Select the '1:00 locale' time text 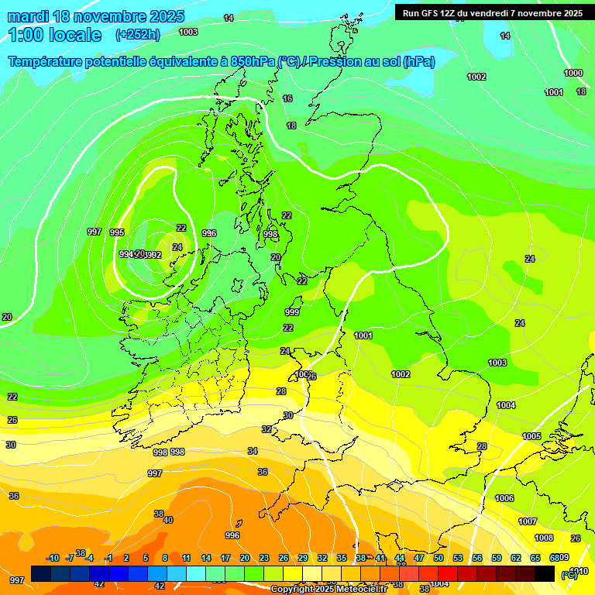(x=55, y=35)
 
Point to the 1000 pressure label (x=573, y=73)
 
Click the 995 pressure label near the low (x=117, y=232)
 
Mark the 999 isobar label (x=292, y=312)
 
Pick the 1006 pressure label (x=504, y=498)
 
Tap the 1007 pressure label (x=528, y=521)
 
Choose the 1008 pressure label (x=544, y=538)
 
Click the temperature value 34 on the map (x=253, y=451)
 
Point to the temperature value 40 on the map (x=168, y=520)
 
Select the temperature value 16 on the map (x=287, y=98)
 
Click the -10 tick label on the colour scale (x=53, y=558)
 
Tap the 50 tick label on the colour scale (x=439, y=558)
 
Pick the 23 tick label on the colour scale (x=264, y=558)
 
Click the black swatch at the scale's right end (x=545, y=573)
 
